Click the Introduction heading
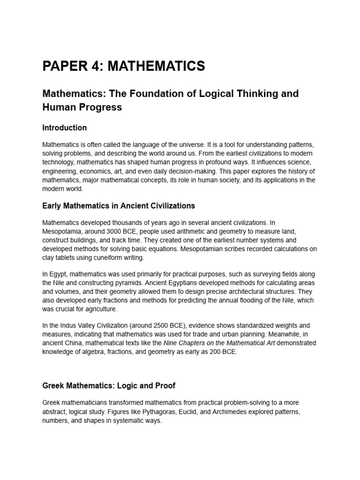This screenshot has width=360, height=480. pyautogui.click(x=64, y=127)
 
